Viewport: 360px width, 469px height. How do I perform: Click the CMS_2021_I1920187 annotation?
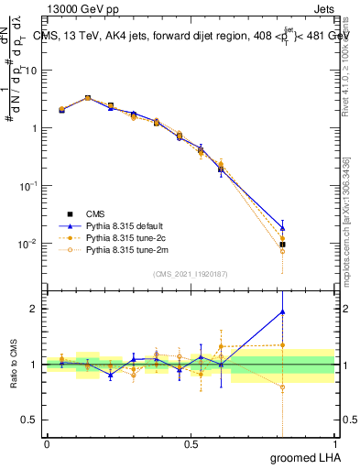(191, 273)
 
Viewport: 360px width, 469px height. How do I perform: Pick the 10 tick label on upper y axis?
(33, 71)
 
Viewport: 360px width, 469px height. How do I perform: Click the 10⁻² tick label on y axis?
(29, 244)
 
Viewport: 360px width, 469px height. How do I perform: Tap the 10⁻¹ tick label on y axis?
(29, 186)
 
